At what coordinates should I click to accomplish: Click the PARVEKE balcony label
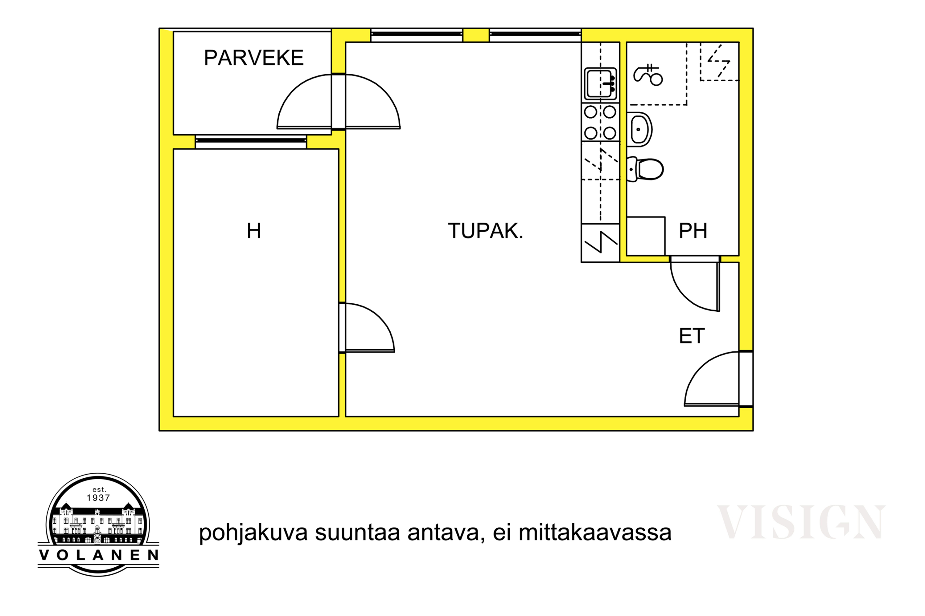pos(254,58)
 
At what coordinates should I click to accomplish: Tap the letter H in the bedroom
pos(254,231)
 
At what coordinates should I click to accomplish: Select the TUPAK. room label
pos(486,231)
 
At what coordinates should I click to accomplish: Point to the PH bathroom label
pos(693,231)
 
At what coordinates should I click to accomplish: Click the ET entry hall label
pos(692,336)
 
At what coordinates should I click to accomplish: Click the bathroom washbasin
pos(639,129)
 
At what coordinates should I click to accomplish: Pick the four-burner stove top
pos(600,123)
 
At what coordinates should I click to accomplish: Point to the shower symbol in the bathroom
pos(648,74)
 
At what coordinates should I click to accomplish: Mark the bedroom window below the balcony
pos(251,141)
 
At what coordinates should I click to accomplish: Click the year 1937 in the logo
pos(98,498)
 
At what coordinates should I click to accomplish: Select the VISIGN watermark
pos(801,522)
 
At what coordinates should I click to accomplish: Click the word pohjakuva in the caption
pos(253,533)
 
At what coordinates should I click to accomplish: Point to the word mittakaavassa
pos(595,533)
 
